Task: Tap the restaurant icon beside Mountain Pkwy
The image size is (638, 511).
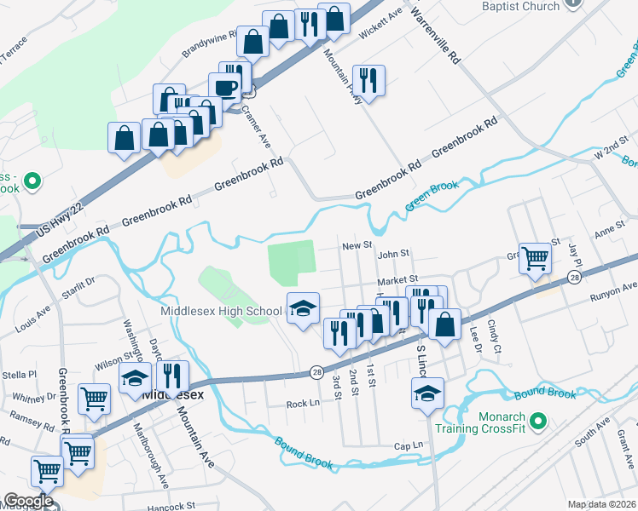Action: tap(368, 81)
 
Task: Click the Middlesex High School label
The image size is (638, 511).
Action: tap(221, 311)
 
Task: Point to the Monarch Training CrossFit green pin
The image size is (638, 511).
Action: tap(537, 421)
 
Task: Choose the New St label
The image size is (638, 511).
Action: tap(357, 245)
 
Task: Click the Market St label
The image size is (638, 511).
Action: tap(398, 278)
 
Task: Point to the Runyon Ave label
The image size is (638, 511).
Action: tap(613, 293)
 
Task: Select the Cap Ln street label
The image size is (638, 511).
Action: tap(409, 445)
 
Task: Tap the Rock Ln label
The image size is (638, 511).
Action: tap(302, 404)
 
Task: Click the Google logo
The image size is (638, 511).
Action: tap(27, 501)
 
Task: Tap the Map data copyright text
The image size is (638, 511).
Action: tap(602, 504)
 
